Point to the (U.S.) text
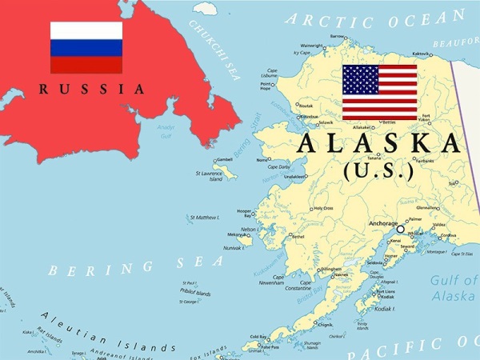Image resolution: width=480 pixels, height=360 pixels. point(378,170)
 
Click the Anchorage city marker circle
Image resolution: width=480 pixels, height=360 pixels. point(401,229)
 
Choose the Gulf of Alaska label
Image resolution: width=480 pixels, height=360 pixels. point(453,288)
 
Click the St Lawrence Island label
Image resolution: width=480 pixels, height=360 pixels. point(210,175)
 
